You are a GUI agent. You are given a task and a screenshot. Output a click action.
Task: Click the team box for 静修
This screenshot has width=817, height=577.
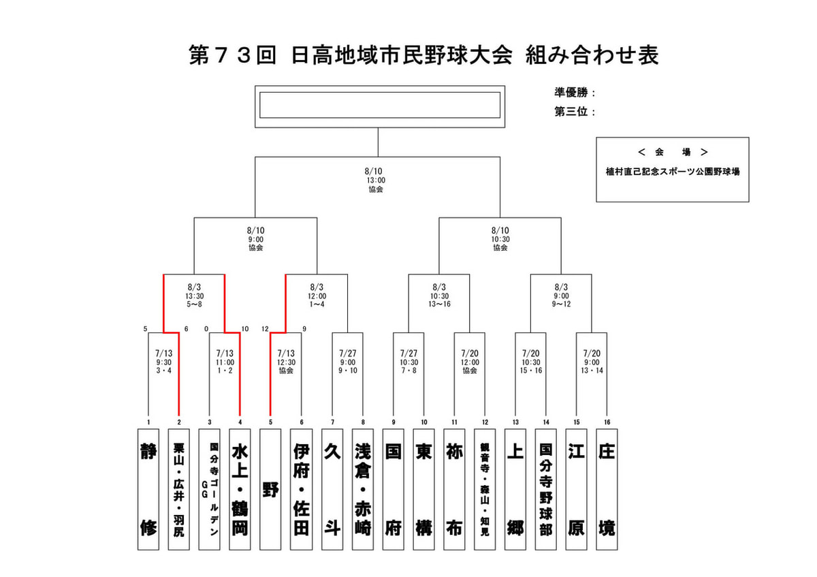tap(148, 489)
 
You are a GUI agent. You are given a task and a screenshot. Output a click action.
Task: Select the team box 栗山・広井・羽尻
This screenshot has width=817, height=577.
tap(178, 489)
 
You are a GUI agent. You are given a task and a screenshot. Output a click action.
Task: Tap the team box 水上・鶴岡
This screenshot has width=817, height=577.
tap(240, 489)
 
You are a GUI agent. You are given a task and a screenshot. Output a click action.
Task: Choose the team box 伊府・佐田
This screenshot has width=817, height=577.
tap(301, 489)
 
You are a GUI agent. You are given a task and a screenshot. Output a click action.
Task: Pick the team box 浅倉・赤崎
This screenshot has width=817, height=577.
tap(362, 489)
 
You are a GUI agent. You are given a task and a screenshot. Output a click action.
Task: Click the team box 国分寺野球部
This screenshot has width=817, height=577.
tap(545, 489)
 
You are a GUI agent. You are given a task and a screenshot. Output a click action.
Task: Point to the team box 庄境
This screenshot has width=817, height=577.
tap(607, 489)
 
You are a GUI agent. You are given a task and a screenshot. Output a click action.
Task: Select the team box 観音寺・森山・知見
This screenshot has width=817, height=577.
tap(485, 489)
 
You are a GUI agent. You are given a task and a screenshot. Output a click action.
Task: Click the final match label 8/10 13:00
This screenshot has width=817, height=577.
tap(374, 176)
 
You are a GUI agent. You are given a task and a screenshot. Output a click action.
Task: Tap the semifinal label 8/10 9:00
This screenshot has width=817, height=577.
tap(256, 234)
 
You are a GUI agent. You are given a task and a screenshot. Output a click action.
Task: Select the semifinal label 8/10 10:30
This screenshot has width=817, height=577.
tap(500, 234)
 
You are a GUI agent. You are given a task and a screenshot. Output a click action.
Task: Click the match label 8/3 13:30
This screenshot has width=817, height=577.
tap(195, 292)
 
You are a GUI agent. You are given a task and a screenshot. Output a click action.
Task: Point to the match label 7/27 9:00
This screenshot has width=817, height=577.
tap(348, 358)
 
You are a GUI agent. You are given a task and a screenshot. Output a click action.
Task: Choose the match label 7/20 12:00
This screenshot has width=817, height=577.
tap(470, 358)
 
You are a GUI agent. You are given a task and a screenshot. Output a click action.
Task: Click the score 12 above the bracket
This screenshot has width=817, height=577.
tap(265, 329)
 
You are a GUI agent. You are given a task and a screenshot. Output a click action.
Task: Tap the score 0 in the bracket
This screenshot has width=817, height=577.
tap(206, 329)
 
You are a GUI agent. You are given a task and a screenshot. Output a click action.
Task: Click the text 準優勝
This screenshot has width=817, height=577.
tap(571, 93)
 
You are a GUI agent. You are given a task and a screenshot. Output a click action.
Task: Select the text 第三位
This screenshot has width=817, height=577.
tap(571, 111)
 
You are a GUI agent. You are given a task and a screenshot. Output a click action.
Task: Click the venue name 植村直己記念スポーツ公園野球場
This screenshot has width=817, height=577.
tap(673, 172)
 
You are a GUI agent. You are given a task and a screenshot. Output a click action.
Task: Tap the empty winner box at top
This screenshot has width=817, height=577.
tap(380, 105)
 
